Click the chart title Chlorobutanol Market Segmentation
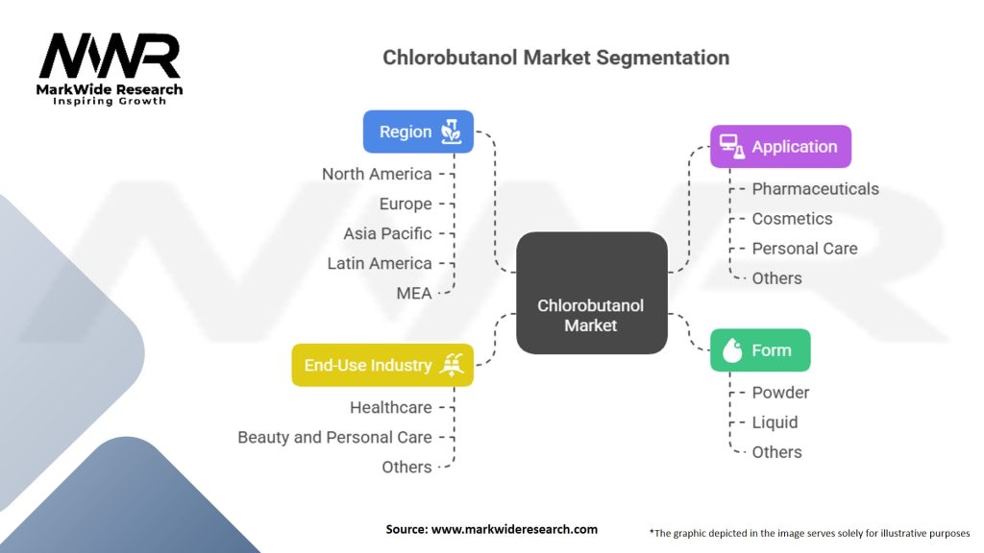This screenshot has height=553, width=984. coord(555,57)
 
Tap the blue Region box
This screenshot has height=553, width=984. coord(418,132)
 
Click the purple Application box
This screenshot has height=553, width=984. coord(780,147)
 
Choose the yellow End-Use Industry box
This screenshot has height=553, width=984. coord(382,365)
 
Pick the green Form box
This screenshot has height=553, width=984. coord(760,350)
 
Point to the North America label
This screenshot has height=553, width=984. coord(377,174)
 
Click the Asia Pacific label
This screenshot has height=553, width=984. coord(387,233)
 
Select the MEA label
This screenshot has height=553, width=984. coord(414,293)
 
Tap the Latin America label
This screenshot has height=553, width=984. coord(380,263)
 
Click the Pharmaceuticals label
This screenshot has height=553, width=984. coord(815,189)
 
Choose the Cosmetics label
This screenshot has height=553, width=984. coord(792,219)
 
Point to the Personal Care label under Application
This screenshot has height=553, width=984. coord(804,249)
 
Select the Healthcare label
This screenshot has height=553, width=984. coord(390,407)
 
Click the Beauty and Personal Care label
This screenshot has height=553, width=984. coord(334,437)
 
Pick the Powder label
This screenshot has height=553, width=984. coord(780,393)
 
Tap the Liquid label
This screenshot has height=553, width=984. coord(775,422)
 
